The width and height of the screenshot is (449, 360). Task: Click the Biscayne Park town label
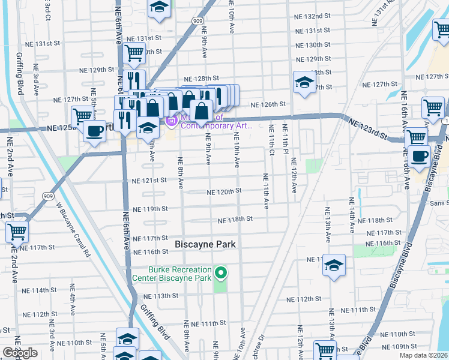tap(205, 245)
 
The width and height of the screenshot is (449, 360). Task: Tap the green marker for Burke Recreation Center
tap(221, 274)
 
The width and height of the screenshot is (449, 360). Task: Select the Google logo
tap(20, 353)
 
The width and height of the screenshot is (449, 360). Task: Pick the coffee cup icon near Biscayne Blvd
tap(420, 154)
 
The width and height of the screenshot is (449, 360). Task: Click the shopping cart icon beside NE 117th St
tap(17, 230)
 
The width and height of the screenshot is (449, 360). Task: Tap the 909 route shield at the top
tap(197, 20)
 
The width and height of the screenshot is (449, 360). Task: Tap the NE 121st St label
tap(149, 181)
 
